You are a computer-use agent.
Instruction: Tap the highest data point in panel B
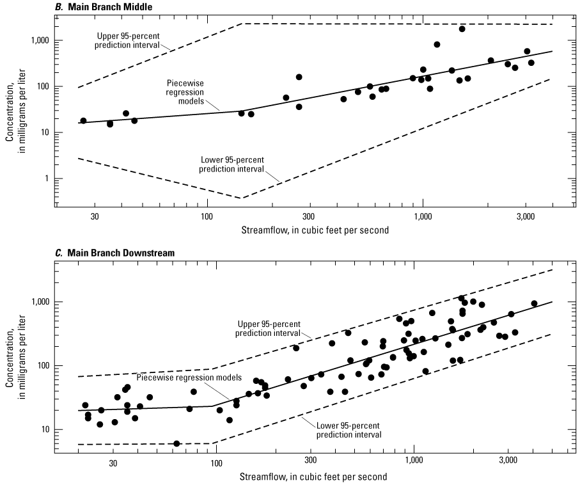(462, 29)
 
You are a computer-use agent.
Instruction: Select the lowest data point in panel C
(176, 443)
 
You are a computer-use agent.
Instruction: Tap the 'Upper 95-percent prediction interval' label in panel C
(267, 329)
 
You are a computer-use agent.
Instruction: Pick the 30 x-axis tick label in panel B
(95, 217)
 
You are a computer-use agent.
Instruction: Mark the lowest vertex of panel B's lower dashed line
(241, 198)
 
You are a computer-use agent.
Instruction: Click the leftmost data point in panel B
(83, 120)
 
